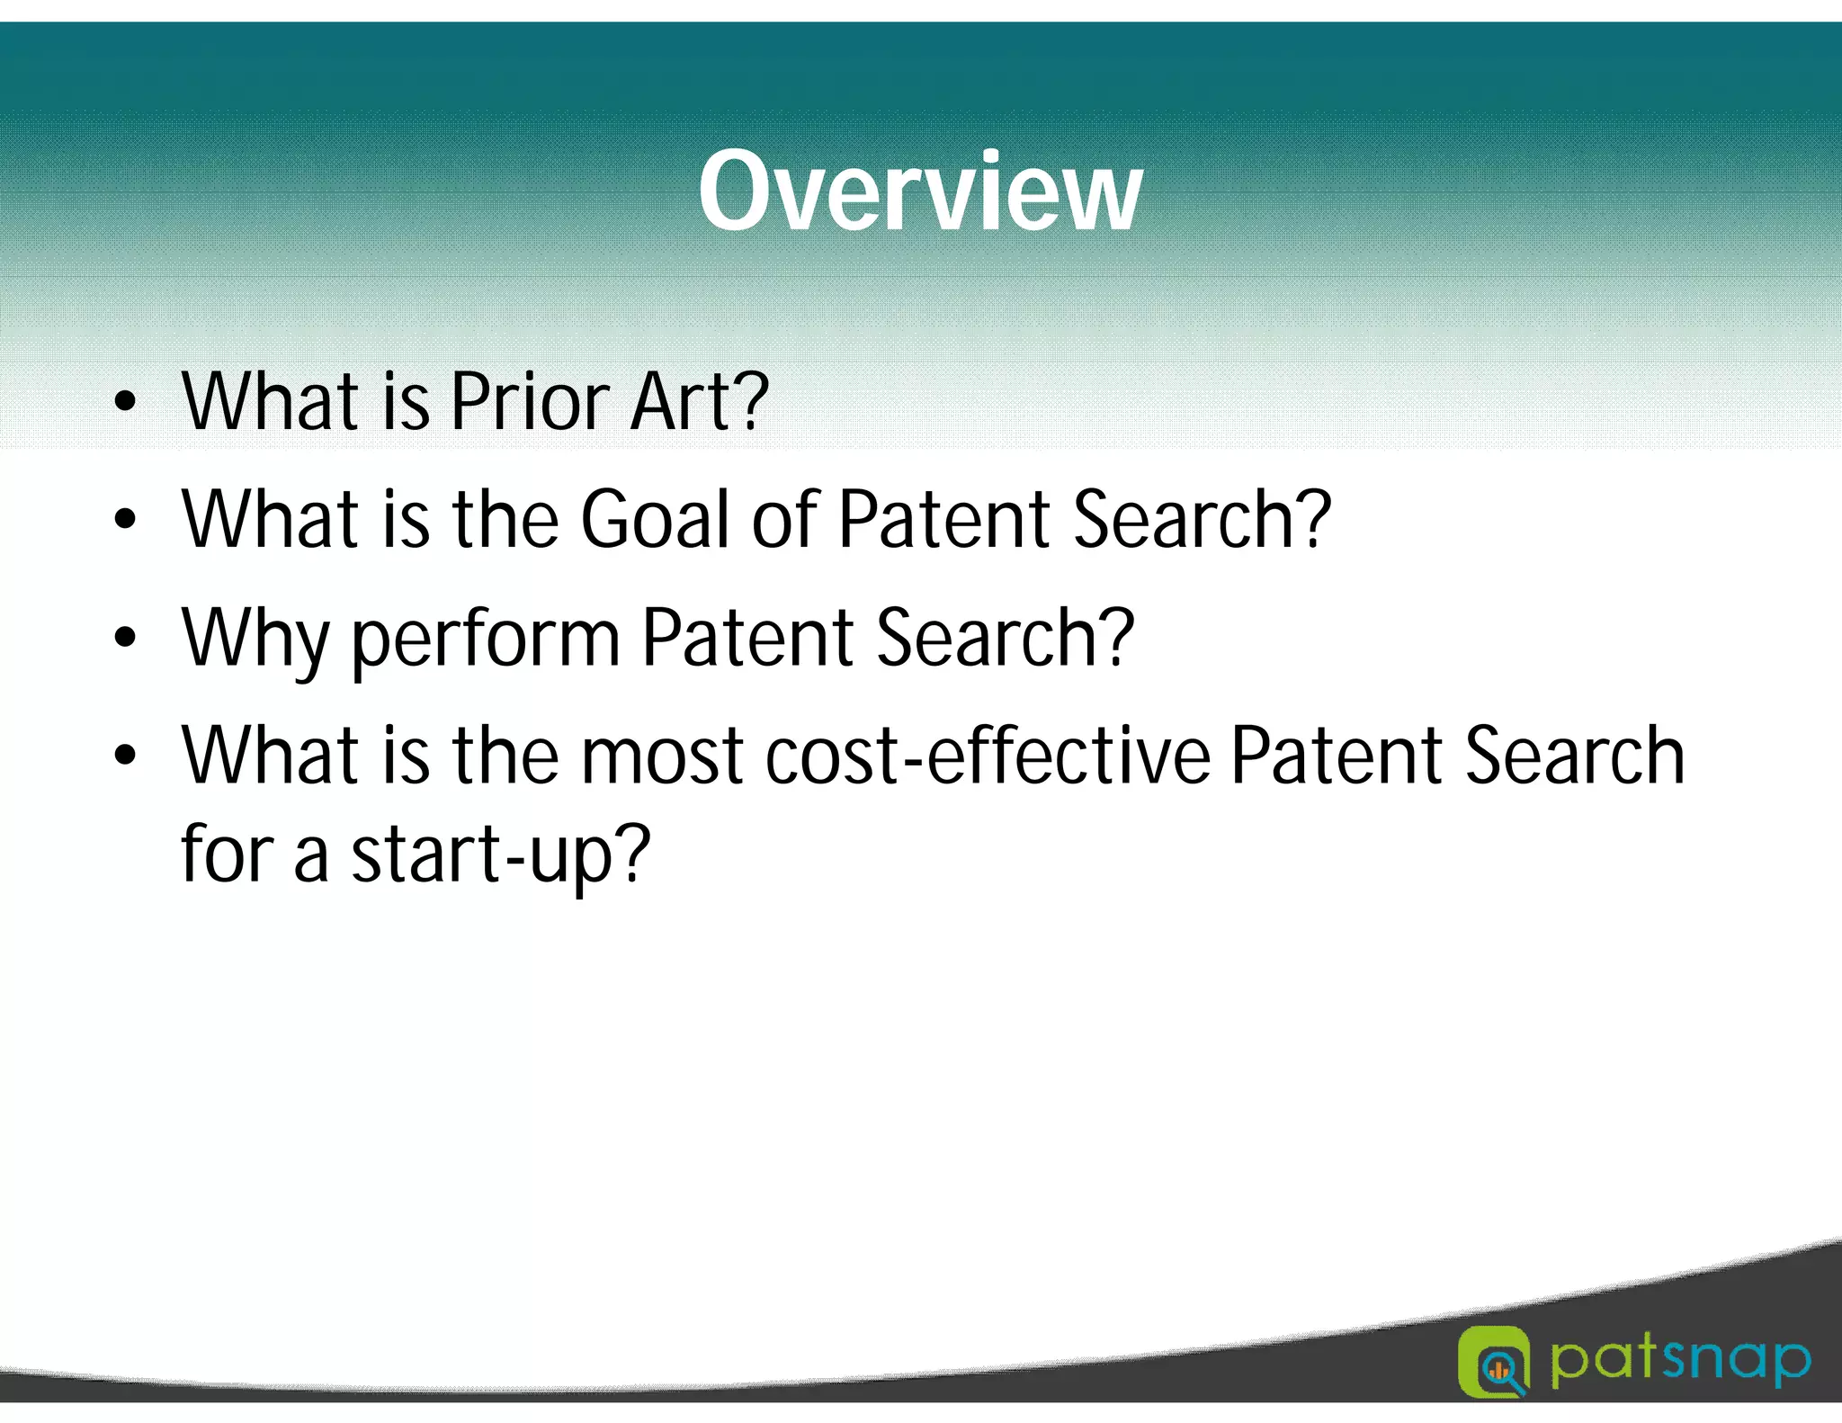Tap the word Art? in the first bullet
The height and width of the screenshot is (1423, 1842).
[699, 402]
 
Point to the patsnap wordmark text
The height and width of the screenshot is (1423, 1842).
[1680, 1361]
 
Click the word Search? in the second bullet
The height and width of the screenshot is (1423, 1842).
[1202, 520]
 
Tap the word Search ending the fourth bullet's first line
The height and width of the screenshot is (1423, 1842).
[1574, 756]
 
